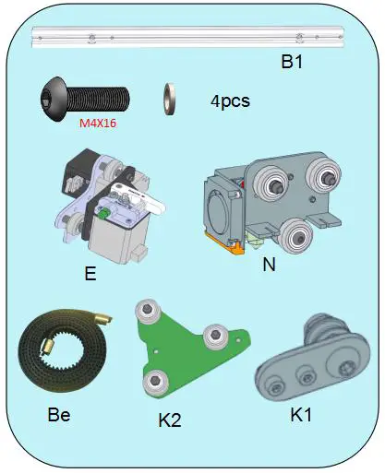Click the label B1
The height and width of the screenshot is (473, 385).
[295, 64]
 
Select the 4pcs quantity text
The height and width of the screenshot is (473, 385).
[231, 100]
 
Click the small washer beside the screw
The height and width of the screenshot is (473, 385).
[171, 96]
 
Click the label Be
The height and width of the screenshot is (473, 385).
[58, 415]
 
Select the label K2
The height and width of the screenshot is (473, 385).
[169, 421]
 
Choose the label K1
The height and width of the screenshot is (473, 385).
[303, 415]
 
